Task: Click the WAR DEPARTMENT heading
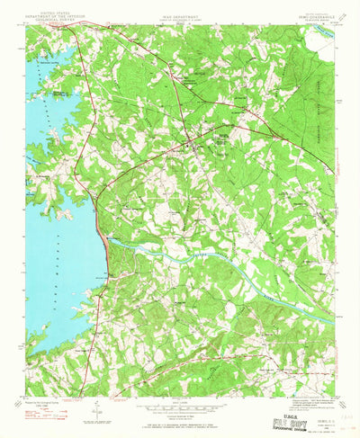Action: coord(180,12)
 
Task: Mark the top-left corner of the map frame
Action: coord(28,26)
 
